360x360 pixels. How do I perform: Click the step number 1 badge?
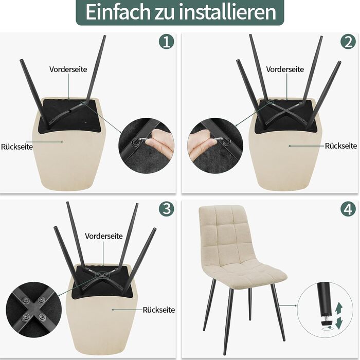(167, 41)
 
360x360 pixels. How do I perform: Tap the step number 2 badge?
(348, 41)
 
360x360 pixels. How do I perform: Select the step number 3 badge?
(167, 208)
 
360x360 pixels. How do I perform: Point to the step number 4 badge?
(348, 208)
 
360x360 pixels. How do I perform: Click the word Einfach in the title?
(118, 12)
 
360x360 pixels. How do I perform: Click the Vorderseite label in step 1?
(68, 69)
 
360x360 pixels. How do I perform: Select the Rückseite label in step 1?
(17, 147)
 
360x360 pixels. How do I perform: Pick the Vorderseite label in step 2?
(285, 69)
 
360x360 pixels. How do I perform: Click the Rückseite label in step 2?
(341, 146)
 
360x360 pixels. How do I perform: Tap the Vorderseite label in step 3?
(104, 236)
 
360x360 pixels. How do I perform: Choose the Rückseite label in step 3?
(159, 310)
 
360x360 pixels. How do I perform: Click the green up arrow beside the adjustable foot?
(338, 308)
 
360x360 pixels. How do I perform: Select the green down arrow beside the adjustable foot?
(339, 322)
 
